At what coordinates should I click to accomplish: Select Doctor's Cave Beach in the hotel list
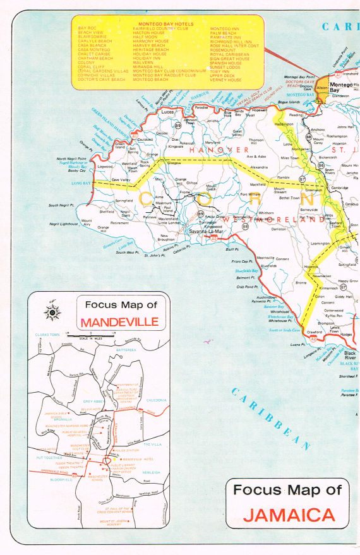pos(102,80)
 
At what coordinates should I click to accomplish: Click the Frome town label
pos(184,192)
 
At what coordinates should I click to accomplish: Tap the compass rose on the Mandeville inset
pos(50,311)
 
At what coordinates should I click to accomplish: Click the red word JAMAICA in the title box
pos(289,515)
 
